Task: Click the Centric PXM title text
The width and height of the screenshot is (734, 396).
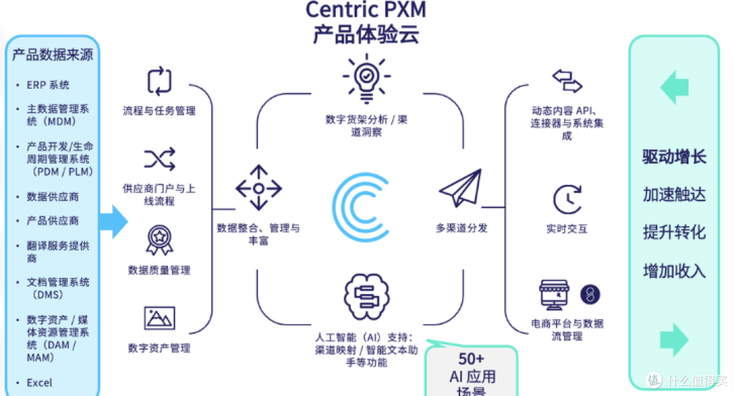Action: (366, 10)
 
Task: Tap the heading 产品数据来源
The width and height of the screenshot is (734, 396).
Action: (52, 55)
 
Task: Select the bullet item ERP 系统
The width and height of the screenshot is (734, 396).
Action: (48, 86)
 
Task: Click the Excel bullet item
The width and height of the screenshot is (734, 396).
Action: (39, 382)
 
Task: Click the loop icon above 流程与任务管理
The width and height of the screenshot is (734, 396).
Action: (159, 81)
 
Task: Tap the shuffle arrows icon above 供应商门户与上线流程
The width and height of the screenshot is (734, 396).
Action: (159, 159)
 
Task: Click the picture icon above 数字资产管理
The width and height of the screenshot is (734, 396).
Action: (159, 318)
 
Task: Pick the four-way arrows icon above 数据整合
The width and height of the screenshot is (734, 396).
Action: (258, 187)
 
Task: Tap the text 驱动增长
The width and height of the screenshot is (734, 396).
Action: (674, 158)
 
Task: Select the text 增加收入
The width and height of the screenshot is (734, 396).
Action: (674, 271)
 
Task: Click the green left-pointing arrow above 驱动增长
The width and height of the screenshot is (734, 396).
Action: (674, 88)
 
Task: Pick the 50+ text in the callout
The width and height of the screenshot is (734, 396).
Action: (471, 359)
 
